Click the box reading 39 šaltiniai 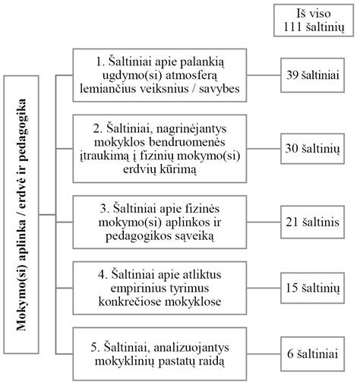pos(312,75)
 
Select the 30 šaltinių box pos(312,149)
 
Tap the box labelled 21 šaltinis pos(312,222)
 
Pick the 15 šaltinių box pos(312,288)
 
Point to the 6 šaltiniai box pos(312,354)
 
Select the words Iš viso pos(314,14)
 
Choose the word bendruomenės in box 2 pos(187,142)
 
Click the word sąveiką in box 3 pos(194,237)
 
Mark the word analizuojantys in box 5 pos(191,348)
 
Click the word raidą pos(210,361)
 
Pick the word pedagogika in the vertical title pos(21,130)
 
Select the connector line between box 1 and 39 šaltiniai pos(264,75)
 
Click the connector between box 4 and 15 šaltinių pos(264,288)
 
